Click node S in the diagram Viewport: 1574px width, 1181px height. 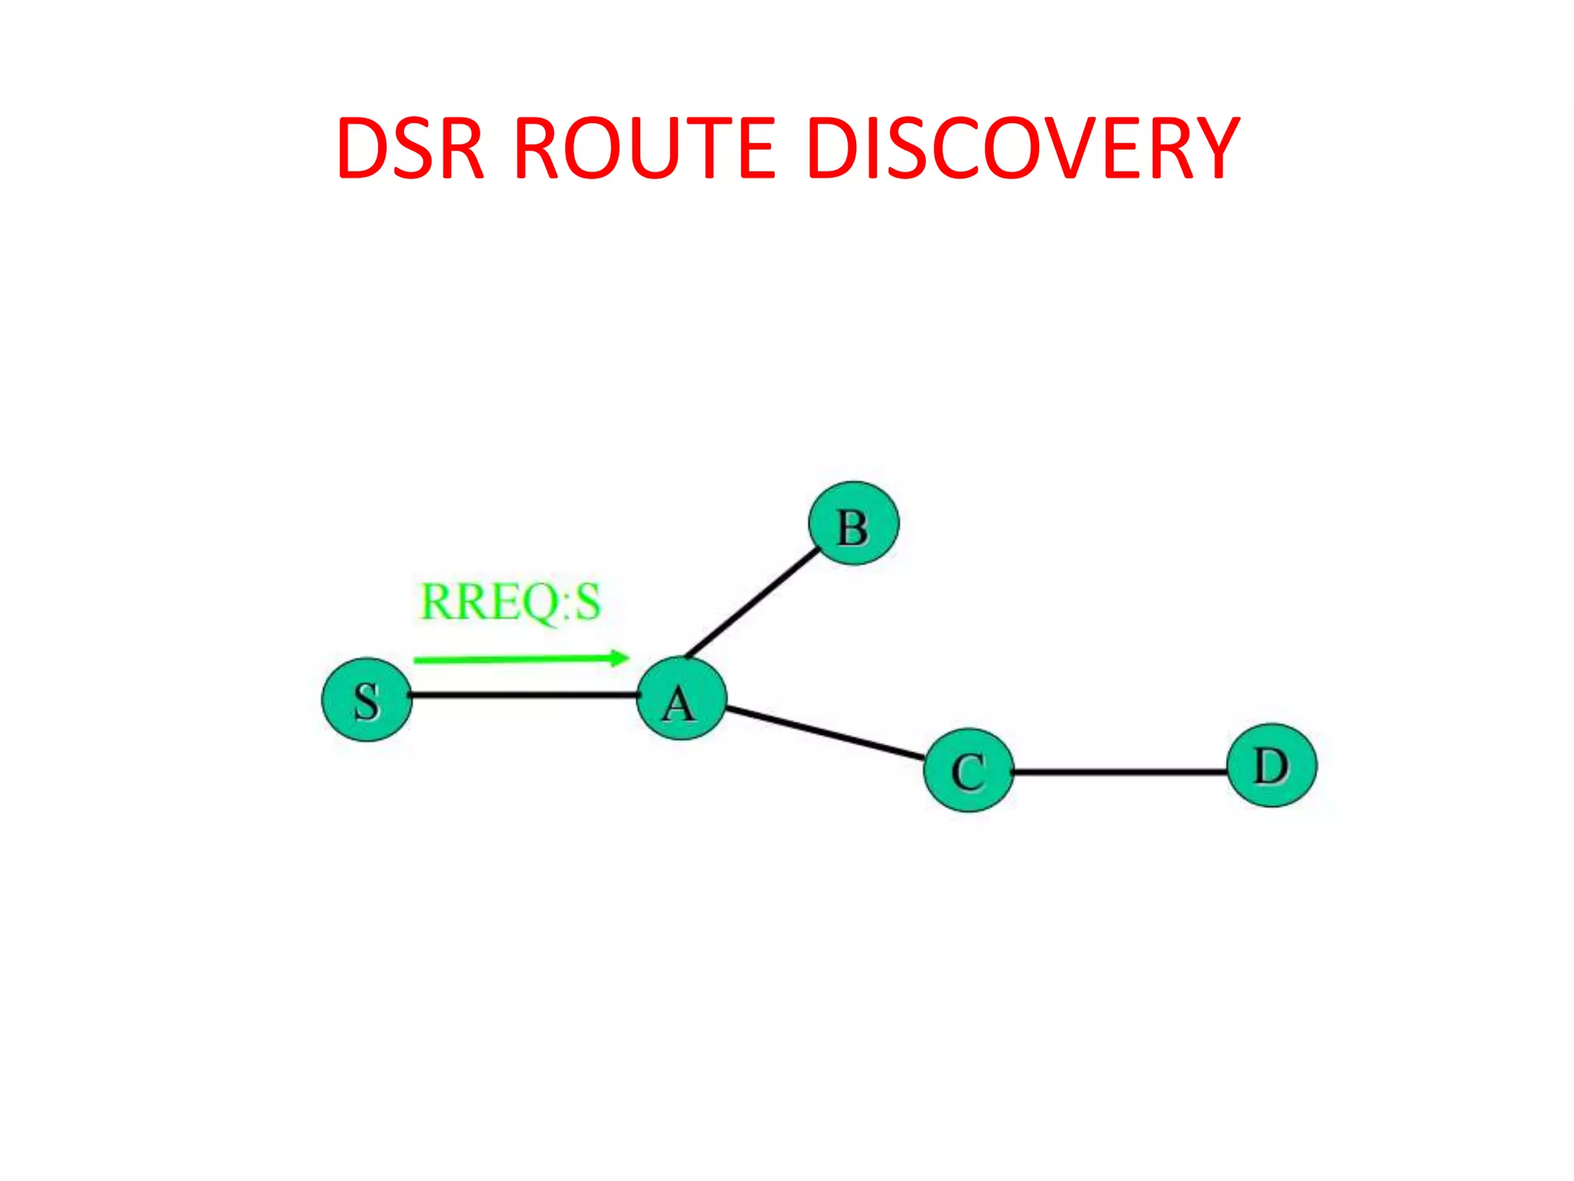[x=367, y=699]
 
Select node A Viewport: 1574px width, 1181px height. [x=681, y=699]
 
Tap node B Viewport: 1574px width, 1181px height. [x=853, y=524]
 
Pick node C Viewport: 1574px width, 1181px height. [x=968, y=770]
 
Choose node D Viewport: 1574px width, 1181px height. [x=1271, y=765]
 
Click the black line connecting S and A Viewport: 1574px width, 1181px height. [x=523, y=695]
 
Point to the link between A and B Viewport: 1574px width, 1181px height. [x=752, y=603]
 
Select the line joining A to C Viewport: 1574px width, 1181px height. [x=824, y=734]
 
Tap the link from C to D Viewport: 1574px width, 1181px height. [x=1119, y=771]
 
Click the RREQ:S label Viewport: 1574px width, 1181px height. [x=510, y=602]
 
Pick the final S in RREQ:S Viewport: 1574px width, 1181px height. [x=587, y=602]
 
